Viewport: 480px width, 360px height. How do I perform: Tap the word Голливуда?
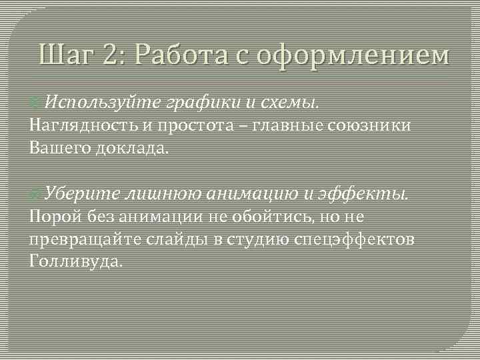(x=77, y=261)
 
